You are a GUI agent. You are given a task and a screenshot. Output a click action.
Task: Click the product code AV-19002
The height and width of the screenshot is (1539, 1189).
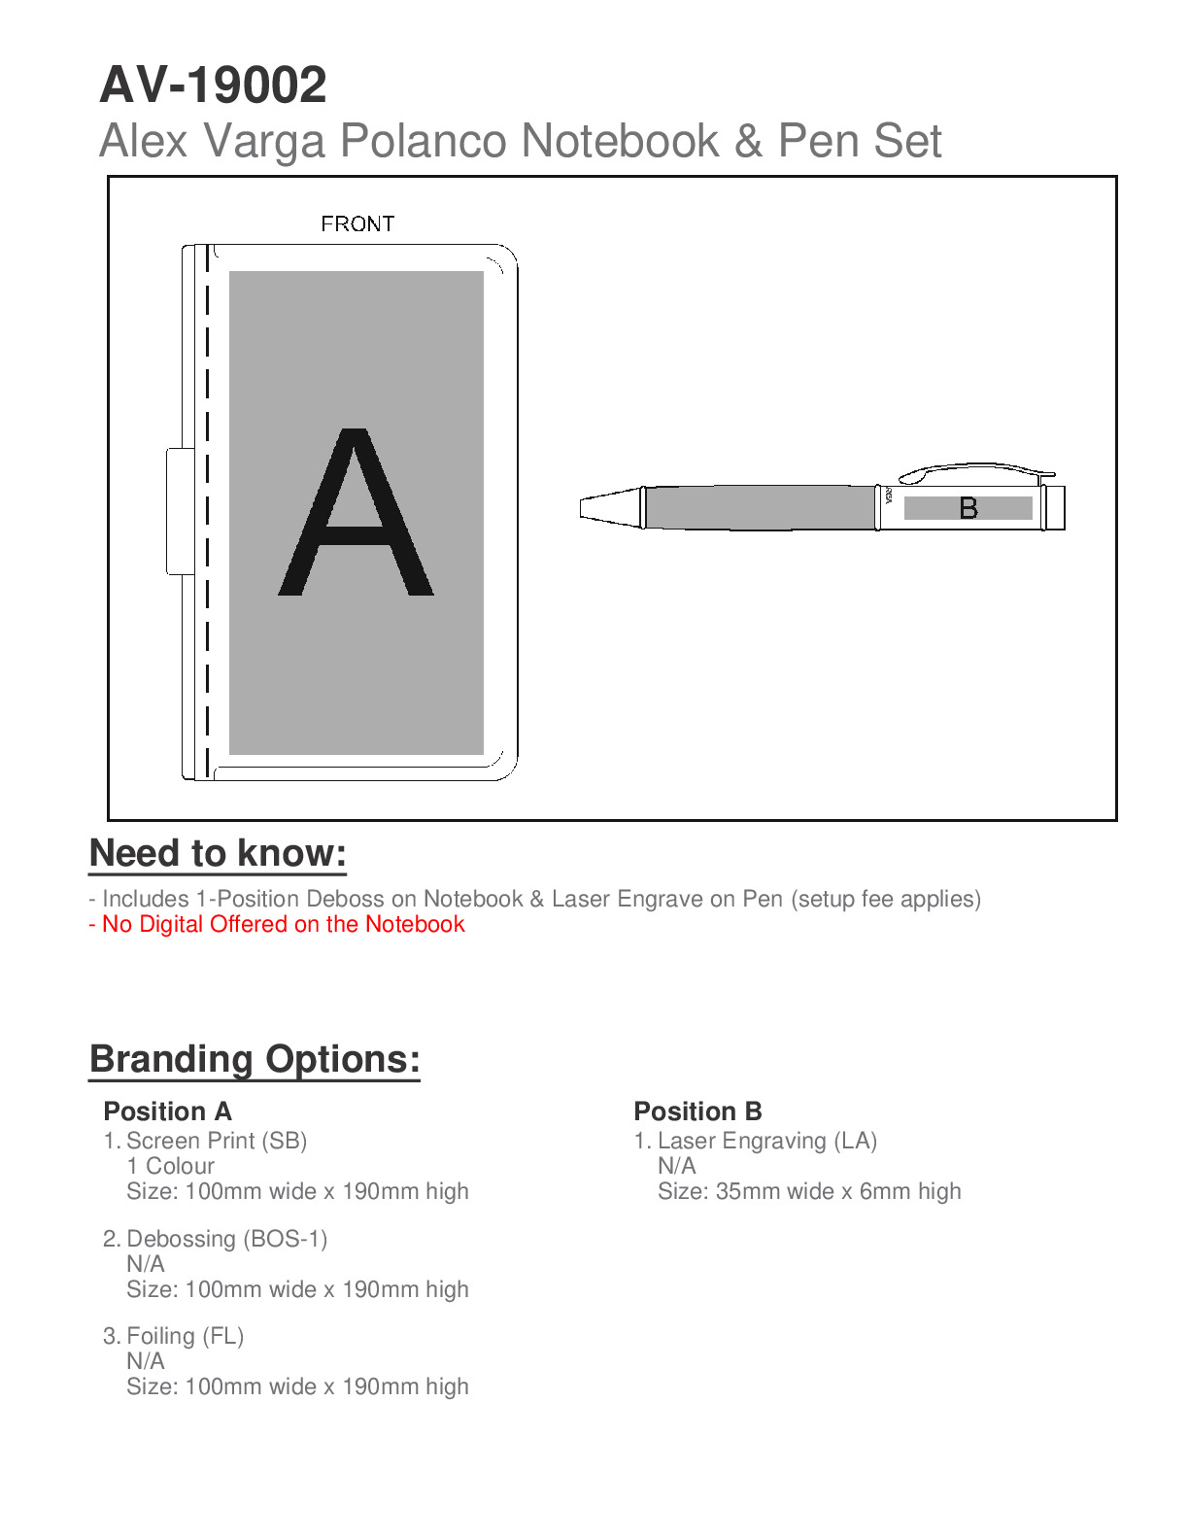213,85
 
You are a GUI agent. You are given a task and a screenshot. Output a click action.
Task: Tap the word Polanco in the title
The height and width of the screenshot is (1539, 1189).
423,141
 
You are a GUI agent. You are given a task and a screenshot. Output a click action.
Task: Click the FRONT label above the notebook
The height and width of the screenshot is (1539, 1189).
357,224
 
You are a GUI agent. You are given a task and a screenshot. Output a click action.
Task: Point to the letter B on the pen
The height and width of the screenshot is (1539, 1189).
968,508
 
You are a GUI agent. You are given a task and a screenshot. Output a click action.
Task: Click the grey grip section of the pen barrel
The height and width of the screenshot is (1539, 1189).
760,507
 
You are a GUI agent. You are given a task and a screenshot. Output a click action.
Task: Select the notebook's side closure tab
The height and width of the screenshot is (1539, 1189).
180,511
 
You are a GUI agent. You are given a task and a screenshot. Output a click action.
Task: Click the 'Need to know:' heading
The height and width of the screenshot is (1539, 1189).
218,853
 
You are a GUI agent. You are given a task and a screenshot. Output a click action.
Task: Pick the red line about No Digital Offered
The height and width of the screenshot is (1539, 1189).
277,924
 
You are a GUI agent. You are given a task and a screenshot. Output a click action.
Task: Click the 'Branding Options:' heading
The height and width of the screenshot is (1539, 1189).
255,1059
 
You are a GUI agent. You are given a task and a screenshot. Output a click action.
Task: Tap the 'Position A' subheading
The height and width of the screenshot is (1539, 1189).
167,1111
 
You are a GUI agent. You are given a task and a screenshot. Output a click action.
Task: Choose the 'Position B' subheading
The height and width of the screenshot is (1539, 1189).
697,1111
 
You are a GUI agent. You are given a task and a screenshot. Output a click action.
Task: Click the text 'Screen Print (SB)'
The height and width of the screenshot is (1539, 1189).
217,1141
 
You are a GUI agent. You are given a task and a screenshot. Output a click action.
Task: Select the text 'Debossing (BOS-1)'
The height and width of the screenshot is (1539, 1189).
226,1239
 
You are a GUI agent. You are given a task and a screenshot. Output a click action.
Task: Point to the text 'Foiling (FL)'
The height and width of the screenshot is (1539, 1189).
185,1336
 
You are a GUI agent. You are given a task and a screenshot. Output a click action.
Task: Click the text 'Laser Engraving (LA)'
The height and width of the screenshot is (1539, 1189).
766,1141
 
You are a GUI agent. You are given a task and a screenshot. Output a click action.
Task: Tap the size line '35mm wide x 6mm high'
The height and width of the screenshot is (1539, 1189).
809,1191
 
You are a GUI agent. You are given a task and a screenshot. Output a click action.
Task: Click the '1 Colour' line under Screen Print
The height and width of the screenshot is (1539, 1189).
170,1166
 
